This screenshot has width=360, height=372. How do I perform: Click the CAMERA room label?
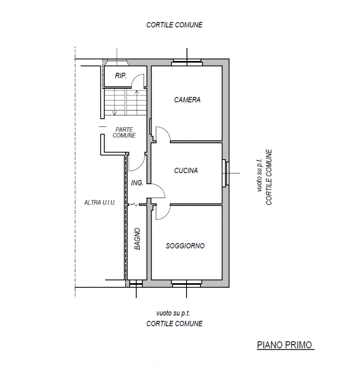[187, 100]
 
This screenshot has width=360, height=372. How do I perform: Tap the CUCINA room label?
[186, 171]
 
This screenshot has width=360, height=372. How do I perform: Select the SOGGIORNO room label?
[185, 246]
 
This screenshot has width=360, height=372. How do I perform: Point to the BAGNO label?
[137, 239]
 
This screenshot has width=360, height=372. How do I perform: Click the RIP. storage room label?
[121, 76]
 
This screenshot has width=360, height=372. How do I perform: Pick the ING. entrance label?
[137, 183]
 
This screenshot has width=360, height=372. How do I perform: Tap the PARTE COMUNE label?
[124, 133]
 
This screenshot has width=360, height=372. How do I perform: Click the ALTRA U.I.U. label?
[100, 203]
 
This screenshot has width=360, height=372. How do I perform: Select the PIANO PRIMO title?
[285, 345]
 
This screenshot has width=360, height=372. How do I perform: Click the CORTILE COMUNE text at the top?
[174, 25]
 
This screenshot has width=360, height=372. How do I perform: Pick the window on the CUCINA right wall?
[226, 173]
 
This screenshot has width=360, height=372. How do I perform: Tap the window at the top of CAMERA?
[187, 62]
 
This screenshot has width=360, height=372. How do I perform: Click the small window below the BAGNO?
[136, 284]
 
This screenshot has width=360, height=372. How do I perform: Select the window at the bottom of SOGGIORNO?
[187, 284]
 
